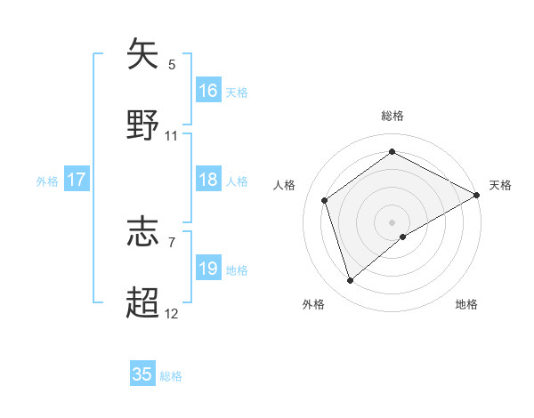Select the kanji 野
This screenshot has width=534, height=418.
pyautogui.click(x=144, y=125)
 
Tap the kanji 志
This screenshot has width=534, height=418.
pyautogui.click(x=144, y=232)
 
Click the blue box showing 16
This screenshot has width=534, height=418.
pyautogui.click(x=208, y=91)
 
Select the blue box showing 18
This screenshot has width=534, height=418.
pyautogui.click(x=208, y=181)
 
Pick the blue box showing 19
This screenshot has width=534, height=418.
pyautogui.click(x=208, y=269)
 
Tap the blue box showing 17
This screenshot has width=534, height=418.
pyautogui.click(x=77, y=181)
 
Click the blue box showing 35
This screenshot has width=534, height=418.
pyautogui.click(x=142, y=374)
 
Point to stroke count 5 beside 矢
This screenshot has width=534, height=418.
pyautogui.click(x=172, y=64)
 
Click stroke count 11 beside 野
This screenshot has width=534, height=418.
pyautogui.click(x=172, y=136)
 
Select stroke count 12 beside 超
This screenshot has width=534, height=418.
pyautogui.click(x=172, y=314)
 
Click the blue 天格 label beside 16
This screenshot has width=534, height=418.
pyautogui.click(x=237, y=92)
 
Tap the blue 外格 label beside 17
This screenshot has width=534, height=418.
pyautogui.click(x=47, y=181)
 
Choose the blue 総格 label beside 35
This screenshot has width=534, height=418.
pyautogui.click(x=171, y=375)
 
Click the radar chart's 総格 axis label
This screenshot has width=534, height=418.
pyautogui.click(x=392, y=116)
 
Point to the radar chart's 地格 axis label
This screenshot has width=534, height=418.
pyautogui.click(x=466, y=305)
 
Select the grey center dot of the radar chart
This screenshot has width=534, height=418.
pyautogui.click(x=392, y=221)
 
